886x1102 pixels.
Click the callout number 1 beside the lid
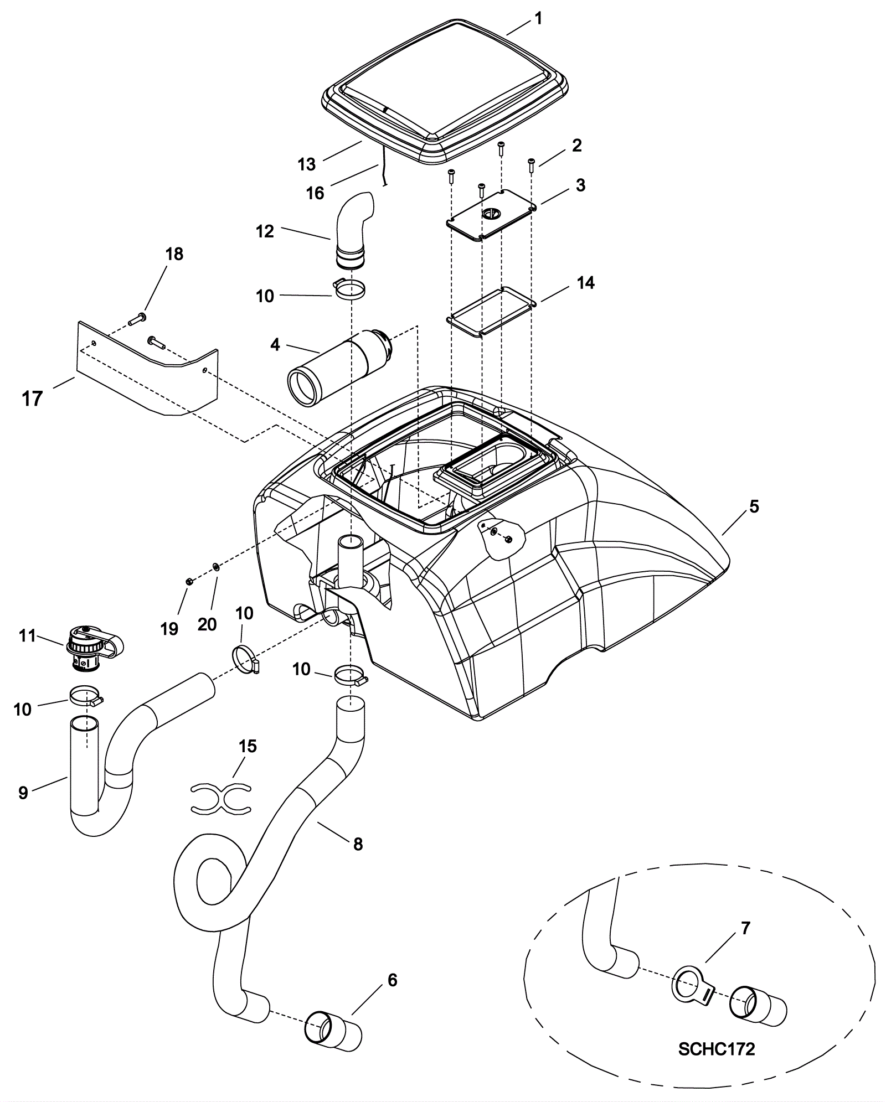(538, 19)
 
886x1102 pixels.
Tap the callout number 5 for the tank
(754, 506)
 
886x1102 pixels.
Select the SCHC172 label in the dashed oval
(717, 1049)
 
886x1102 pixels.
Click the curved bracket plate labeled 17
(147, 368)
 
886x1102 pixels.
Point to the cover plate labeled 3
(492, 214)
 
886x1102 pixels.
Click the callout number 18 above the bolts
(174, 254)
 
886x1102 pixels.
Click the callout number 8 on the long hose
(358, 844)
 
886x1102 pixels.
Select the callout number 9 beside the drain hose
(23, 793)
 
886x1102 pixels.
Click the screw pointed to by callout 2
(531, 163)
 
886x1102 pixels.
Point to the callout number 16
(315, 193)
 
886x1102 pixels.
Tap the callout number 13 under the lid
(306, 164)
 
